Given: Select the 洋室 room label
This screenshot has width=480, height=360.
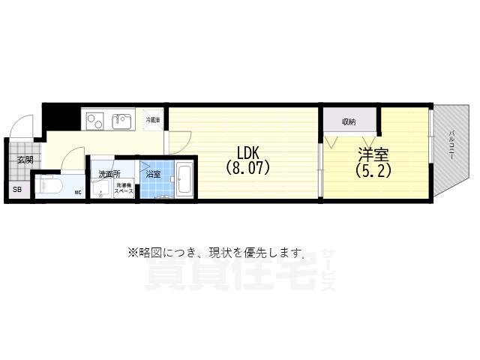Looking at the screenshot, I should (373, 155).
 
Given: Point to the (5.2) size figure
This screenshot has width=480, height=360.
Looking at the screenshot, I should (373, 171).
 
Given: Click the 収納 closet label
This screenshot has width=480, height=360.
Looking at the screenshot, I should (349, 121).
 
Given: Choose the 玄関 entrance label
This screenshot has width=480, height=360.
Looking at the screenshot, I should (25, 160).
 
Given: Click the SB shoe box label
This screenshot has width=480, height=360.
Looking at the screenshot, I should (17, 190).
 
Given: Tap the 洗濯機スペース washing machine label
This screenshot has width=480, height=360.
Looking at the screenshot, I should (124, 189).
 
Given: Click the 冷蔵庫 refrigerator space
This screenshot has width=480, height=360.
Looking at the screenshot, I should (153, 120).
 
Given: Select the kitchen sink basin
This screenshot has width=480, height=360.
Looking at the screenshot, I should (121, 119).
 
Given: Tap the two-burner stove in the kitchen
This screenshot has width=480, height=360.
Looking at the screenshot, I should (96, 119).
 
